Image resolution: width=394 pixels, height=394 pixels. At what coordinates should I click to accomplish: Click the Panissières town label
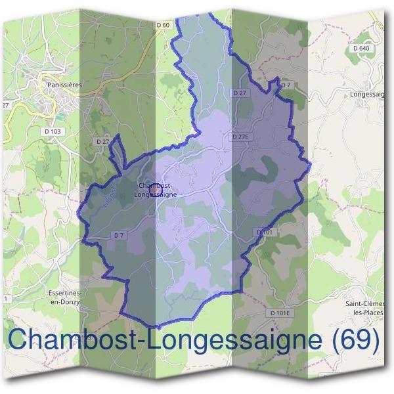[64, 85]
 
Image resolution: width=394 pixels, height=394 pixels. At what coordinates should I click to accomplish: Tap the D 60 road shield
[164, 25]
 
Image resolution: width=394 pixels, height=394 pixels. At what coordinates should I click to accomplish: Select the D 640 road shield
[361, 48]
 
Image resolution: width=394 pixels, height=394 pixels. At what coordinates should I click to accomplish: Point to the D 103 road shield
[53, 131]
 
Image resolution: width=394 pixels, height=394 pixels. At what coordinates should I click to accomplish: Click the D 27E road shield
[242, 137]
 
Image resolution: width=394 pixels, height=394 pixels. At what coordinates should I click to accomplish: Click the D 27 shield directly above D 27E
[240, 93]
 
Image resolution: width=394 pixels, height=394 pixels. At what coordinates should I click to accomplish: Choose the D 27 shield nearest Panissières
[102, 141]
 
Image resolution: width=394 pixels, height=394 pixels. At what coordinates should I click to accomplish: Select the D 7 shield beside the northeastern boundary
[285, 85]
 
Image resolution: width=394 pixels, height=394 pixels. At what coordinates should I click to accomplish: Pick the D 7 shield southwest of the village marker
[119, 234]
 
